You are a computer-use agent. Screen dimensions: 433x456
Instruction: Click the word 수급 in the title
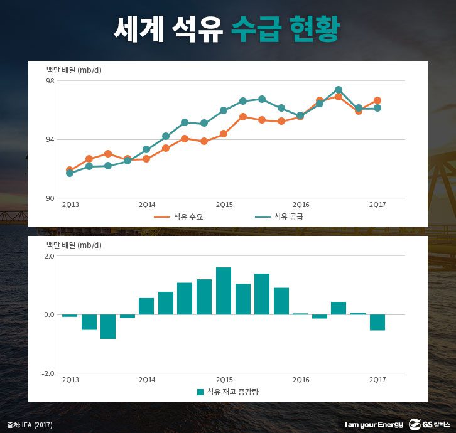pos(255,28)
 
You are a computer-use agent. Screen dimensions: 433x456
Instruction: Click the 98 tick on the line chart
pos(50,81)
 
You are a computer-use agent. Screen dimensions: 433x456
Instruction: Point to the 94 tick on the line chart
pos(50,139)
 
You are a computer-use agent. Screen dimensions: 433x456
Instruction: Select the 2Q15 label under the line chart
pos(224,205)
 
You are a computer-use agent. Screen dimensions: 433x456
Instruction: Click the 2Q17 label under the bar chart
pos(377,380)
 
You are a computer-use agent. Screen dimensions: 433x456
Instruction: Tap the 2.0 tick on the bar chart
pos(49,256)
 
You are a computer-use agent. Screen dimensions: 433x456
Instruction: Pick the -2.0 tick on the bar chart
pos(48,373)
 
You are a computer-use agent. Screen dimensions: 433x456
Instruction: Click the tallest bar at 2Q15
pos(224,291)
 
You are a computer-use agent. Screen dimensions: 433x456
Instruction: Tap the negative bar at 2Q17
pos(377,322)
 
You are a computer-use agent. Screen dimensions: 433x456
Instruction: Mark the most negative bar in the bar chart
pos(108,326)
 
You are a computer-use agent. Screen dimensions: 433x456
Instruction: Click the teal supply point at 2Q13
pos(70,173)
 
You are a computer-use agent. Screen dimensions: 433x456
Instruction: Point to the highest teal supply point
pos(339,90)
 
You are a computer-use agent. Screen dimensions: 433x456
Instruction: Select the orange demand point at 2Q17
pos(377,100)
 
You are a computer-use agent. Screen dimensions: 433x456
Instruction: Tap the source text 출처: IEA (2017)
pos(30,425)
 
